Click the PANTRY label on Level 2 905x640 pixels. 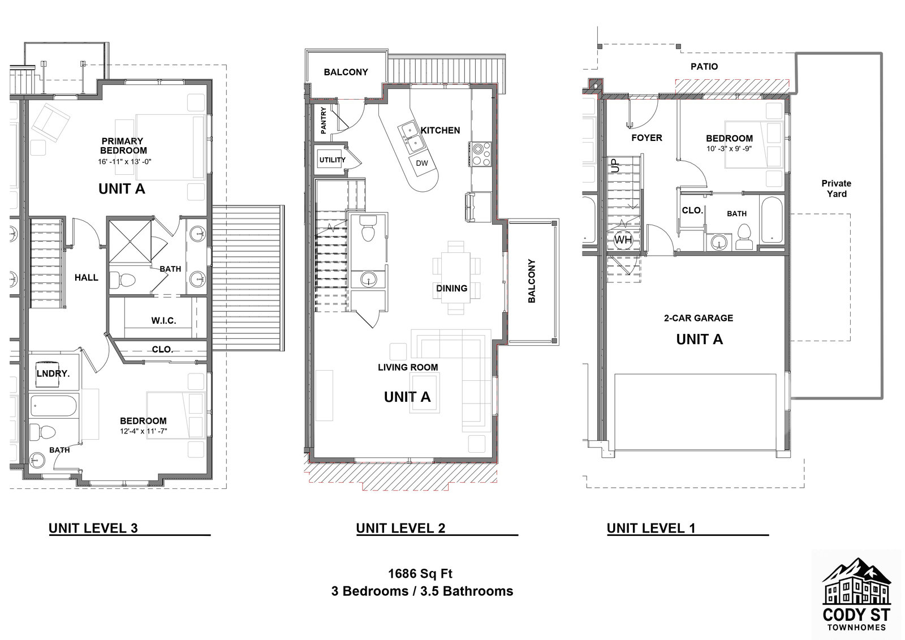tap(324, 120)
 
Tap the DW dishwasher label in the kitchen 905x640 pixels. tap(422, 163)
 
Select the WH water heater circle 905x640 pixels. tap(623, 240)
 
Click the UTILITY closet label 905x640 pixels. tap(332, 160)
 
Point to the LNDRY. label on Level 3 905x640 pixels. tap(53, 373)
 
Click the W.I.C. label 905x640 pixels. tap(163, 320)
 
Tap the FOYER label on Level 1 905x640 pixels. tap(647, 138)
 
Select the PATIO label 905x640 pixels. tap(704, 66)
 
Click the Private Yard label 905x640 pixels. tap(837, 188)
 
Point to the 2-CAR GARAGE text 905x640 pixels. tap(699, 318)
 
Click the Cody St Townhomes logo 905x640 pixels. tap(856, 594)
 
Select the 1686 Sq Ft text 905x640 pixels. tap(420, 574)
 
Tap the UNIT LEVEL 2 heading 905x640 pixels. tap(400, 529)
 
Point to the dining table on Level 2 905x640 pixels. tap(457, 277)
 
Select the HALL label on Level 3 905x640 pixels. tap(87, 277)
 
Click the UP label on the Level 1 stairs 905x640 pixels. tap(616, 165)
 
